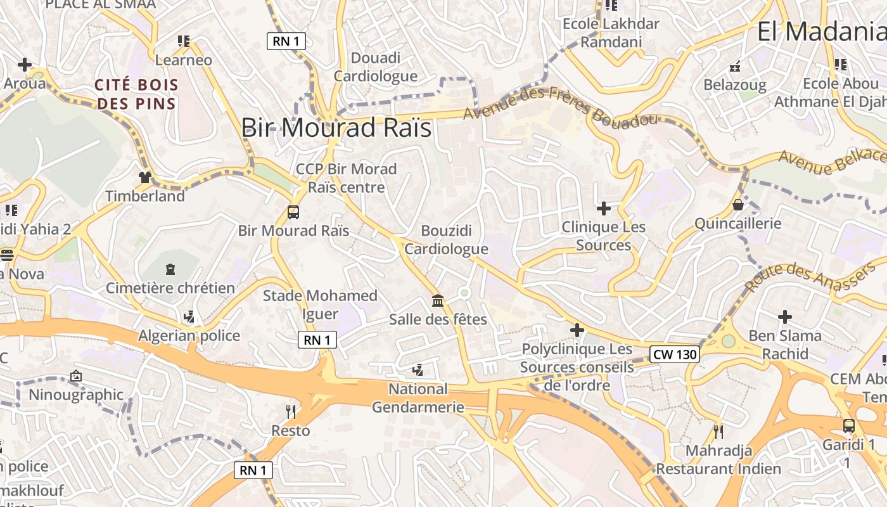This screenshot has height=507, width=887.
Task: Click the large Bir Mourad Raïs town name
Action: (336, 128)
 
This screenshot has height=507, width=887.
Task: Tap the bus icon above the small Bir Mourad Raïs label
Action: (293, 212)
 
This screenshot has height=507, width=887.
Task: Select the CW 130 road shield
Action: (674, 354)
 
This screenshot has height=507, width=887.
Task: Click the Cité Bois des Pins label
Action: (136, 94)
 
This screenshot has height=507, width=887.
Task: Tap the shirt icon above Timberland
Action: (145, 177)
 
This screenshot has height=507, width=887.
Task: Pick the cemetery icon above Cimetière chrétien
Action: (170, 270)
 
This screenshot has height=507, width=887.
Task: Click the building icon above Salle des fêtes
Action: (437, 300)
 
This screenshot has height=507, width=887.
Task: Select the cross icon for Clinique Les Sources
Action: (604, 208)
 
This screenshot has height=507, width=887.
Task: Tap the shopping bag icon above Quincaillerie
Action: (738, 205)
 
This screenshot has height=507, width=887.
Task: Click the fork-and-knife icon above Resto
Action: (291, 412)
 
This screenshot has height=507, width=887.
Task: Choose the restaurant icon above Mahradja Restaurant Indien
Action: (718, 432)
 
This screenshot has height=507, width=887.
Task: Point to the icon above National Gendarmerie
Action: (418, 370)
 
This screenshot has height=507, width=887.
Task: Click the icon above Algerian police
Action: (189, 317)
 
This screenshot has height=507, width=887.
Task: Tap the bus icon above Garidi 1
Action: (849, 426)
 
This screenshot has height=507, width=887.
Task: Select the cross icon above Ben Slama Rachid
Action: (785, 317)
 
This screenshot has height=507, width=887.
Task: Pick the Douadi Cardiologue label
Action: (375, 67)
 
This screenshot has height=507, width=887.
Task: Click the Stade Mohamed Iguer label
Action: (320, 304)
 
